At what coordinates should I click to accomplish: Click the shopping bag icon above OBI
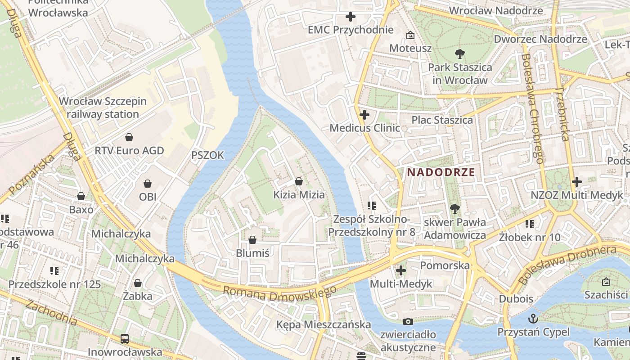tap(147, 184)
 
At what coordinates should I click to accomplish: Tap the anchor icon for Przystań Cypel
tap(533, 318)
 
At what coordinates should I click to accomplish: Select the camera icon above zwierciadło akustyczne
tap(408, 321)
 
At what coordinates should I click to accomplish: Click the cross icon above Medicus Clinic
tap(364, 115)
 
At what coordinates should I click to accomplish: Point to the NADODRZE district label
tap(441, 172)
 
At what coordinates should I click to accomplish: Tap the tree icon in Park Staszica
tap(459, 54)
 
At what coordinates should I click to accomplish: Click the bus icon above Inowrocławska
tap(125, 339)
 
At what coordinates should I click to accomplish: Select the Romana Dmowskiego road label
tap(279, 294)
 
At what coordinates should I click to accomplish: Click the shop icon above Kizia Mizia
tap(299, 181)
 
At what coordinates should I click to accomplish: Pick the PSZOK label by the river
tap(207, 155)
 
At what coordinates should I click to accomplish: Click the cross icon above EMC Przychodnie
tap(351, 17)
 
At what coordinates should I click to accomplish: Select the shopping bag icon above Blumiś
tap(252, 240)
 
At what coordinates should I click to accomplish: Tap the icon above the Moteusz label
tap(410, 35)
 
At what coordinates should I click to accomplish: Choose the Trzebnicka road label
tap(563, 112)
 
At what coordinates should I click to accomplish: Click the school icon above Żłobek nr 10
tap(530, 224)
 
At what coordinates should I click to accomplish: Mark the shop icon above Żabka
tap(138, 283)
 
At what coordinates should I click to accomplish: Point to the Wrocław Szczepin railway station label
tap(103, 108)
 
